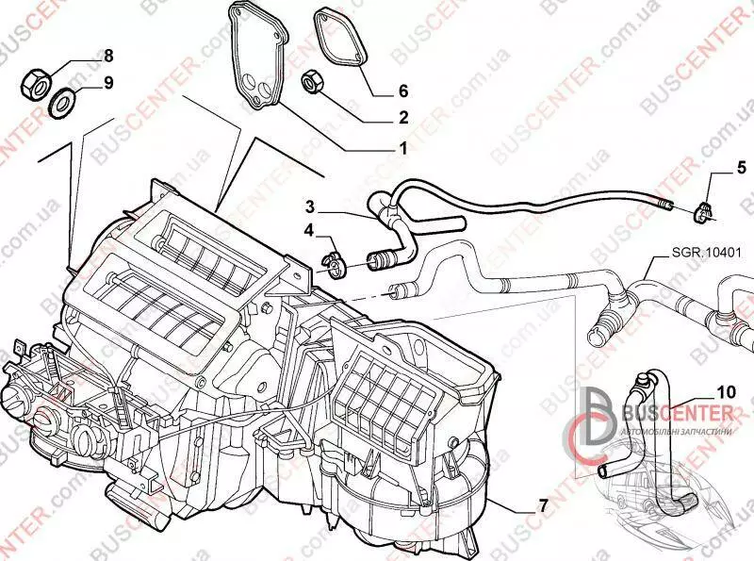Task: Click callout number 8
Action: tap(107, 55)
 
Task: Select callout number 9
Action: tap(107, 83)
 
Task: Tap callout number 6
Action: tap(402, 91)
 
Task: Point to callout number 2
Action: tap(402, 119)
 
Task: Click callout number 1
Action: tap(402, 149)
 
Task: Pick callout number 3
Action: tap(310, 206)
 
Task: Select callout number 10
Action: tap(726, 390)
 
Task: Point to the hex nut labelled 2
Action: tap(313, 83)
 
